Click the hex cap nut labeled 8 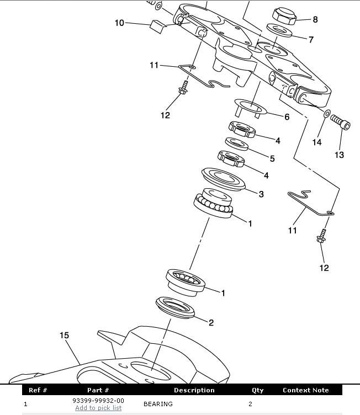(284, 16)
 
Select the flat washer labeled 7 (279, 31)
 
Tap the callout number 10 (119, 23)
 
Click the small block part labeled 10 (158, 26)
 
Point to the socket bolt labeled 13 (340, 123)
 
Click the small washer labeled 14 (327, 114)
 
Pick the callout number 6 (287, 117)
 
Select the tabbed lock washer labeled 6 (250, 109)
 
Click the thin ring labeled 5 (236, 144)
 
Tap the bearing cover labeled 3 (223, 179)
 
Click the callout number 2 (211, 323)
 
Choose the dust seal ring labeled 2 (175, 307)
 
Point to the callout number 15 (64, 336)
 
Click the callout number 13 (340, 155)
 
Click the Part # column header (98, 390)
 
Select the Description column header (194, 390)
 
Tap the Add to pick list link (98, 408)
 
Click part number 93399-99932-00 (98, 401)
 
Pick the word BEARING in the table (158, 404)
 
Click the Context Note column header (306, 390)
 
